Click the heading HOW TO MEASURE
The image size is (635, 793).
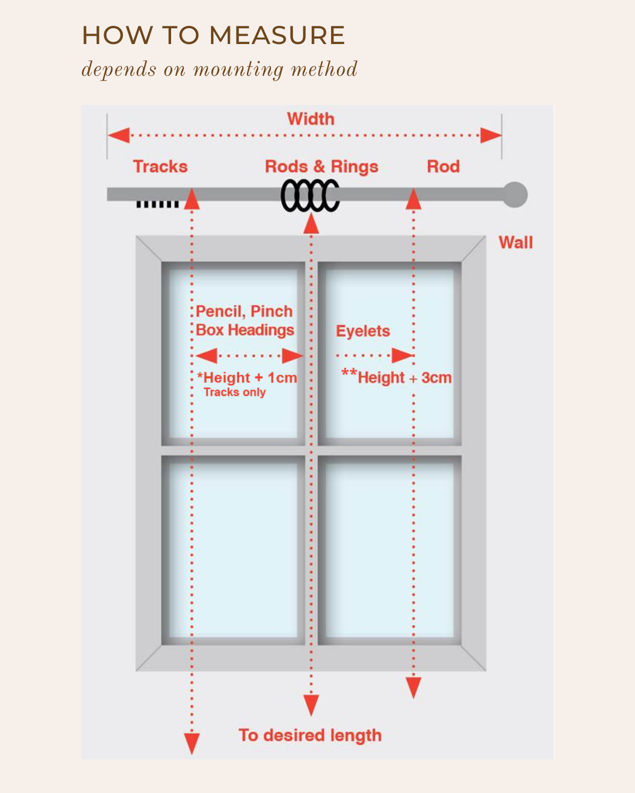coord(213,36)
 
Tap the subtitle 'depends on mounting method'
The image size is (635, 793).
coord(219,70)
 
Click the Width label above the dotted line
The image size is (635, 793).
coord(310,119)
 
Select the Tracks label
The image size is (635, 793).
coord(160,167)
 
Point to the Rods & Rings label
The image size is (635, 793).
coord(322,167)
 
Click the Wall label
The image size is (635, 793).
coord(516,243)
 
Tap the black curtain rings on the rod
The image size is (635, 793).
coord(310,196)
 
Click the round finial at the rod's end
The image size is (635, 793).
coord(515,195)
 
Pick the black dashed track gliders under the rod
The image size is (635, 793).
coord(157,204)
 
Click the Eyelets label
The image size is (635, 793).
coord(363,331)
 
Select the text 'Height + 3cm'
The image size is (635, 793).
coord(405,378)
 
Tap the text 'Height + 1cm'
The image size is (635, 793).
coord(250,378)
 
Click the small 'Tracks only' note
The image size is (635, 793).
coord(235,392)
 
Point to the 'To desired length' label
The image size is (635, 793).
coord(310,735)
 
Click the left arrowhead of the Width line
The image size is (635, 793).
coord(119,136)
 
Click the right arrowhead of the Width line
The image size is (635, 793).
coord(491,136)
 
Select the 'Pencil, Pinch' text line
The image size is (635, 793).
coord(244,311)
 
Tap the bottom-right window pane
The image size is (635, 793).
coord(389,549)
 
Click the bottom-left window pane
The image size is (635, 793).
coord(233,549)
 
